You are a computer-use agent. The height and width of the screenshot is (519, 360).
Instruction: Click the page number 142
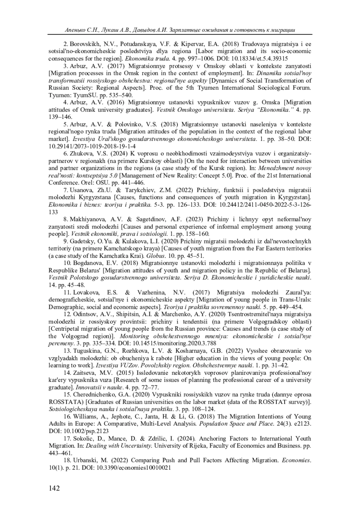pos(54,488)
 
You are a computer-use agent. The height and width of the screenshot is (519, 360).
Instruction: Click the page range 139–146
pos(60,117)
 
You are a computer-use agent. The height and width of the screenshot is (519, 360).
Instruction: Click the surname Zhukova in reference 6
pos(81,154)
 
